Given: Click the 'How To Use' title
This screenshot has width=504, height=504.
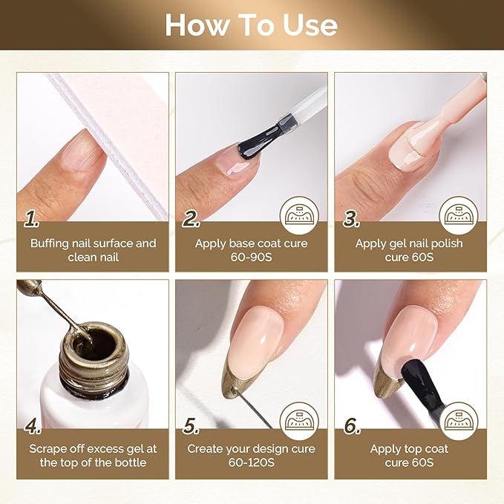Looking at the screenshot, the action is [252, 25].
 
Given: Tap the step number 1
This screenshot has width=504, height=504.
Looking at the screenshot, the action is [31, 219].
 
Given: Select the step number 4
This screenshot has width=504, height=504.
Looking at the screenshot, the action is [33, 426].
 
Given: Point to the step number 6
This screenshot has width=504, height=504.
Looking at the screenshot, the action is [353, 426].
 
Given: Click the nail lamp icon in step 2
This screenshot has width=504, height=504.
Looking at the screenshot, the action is [299, 215].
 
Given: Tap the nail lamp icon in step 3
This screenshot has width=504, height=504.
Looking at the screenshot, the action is [459, 215].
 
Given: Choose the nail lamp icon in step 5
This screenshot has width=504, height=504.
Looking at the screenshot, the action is [299, 421].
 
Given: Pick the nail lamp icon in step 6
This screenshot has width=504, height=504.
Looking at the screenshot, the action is [459, 421].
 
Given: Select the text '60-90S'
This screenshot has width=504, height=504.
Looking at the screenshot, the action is [252, 257].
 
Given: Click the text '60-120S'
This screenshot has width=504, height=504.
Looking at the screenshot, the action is [252, 462].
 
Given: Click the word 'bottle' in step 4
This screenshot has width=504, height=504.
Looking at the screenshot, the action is [131, 462].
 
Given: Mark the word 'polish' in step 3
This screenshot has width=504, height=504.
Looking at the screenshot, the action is [447, 243].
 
